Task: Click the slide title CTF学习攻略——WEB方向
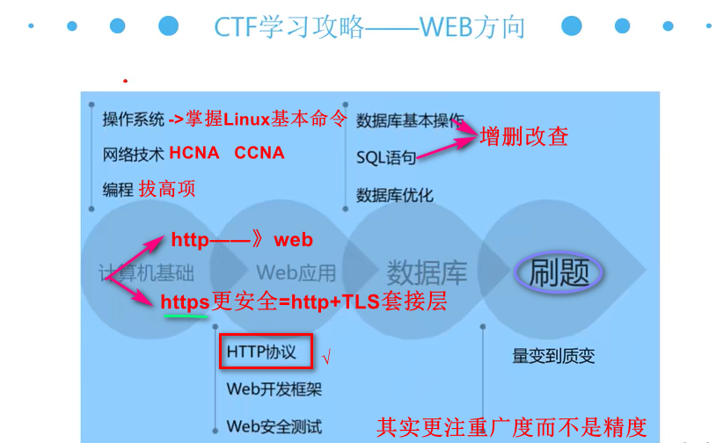coord(369,27)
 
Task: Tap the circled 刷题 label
coord(559,272)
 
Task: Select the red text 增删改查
coord(524,136)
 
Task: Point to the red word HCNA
coord(194,153)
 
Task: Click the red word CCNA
coord(259,153)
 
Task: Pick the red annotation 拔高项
coord(167,188)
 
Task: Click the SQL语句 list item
coord(386,158)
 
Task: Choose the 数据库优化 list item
coord(395,195)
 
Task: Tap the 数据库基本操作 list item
coord(410,121)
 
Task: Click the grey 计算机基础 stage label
coord(147,272)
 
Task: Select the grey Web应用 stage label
coord(296,272)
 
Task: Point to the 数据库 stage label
coord(427,272)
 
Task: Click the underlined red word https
coord(185,302)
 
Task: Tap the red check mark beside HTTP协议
coord(327,358)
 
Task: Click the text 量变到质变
coord(553,356)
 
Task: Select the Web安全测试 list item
coord(274,426)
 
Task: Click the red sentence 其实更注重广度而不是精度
coord(511,427)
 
